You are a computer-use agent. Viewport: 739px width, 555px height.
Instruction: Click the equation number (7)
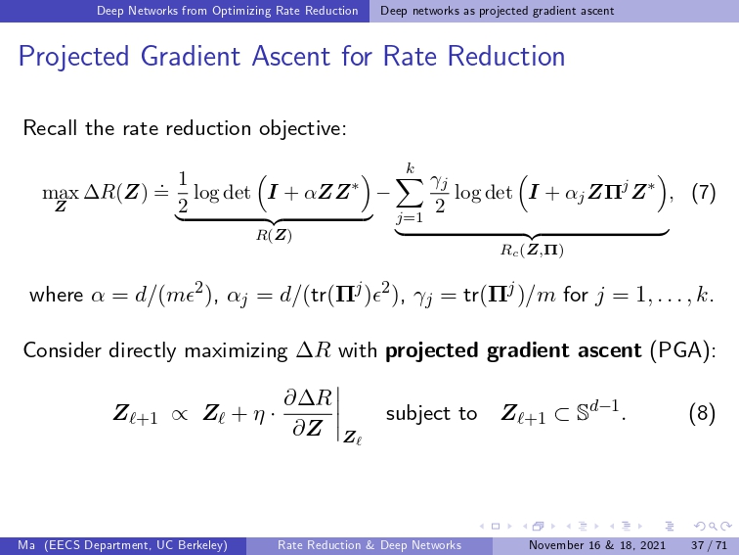click(x=704, y=193)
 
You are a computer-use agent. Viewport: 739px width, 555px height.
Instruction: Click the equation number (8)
click(x=702, y=413)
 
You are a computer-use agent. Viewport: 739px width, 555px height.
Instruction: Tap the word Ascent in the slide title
click(x=290, y=56)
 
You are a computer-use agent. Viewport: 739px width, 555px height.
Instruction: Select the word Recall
click(x=50, y=128)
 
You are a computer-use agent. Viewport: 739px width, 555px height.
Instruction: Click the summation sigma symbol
click(x=409, y=194)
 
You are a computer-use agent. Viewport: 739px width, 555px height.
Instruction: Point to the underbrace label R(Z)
click(x=274, y=235)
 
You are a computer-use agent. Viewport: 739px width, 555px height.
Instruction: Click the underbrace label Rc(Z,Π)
click(x=532, y=250)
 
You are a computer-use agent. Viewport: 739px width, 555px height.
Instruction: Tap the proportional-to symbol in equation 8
click(x=179, y=414)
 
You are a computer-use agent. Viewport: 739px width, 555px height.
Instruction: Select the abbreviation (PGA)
click(x=682, y=350)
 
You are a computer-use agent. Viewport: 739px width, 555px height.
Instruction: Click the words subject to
click(x=431, y=414)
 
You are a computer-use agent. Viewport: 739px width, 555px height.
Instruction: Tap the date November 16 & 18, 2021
click(x=597, y=545)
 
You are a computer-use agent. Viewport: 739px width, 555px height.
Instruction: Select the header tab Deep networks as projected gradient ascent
click(x=498, y=11)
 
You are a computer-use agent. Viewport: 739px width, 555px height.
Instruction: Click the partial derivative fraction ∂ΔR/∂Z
click(x=308, y=414)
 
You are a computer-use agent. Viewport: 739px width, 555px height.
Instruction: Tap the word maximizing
click(x=236, y=351)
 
